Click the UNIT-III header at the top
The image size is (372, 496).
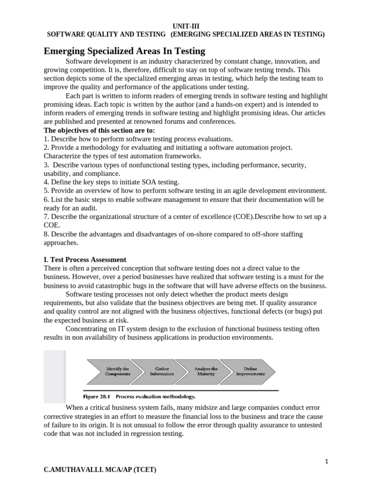pyautogui.click(x=186, y=27)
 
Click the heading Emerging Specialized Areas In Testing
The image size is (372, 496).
pyautogui.click(x=124, y=51)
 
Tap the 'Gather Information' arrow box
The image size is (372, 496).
pyautogui.click(x=162, y=371)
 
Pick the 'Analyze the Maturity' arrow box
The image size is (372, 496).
pyautogui.click(x=206, y=371)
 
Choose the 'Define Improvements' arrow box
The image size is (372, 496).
pyautogui.click(x=250, y=371)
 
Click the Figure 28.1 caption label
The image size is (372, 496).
pyautogui.click(x=140, y=396)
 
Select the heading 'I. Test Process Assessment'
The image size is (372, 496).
pyautogui.click(x=85, y=260)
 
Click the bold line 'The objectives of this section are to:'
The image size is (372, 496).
pyautogui.click(x=99, y=130)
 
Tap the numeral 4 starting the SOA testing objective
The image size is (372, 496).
pyautogui.click(x=46, y=182)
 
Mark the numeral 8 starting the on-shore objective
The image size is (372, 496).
pyautogui.click(x=46, y=234)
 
